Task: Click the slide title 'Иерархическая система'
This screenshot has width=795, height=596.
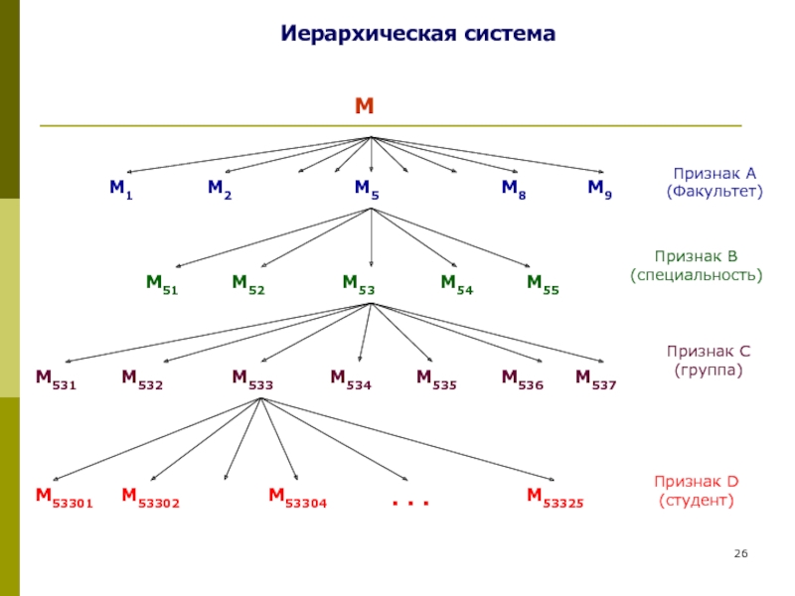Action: [x=416, y=34]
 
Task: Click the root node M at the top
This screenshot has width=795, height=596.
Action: [x=364, y=106]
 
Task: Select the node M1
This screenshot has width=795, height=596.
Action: [x=121, y=189]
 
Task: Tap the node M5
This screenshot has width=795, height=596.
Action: [x=367, y=189]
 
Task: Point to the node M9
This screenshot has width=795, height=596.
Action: [x=599, y=189]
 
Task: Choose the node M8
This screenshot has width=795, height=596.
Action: [x=513, y=189]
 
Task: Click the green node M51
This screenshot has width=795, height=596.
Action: [x=162, y=284]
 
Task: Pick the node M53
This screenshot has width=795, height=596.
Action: [x=358, y=284]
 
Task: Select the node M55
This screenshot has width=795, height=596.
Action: [x=543, y=284]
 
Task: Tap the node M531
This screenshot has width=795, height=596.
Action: [x=56, y=377]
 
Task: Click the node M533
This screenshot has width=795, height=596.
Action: [x=252, y=377]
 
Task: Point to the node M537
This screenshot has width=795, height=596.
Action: [x=595, y=377]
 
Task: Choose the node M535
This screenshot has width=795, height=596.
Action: [x=436, y=377]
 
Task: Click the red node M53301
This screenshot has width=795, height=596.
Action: [x=64, y=497]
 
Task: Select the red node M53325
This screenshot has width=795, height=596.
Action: [x=555, y=497]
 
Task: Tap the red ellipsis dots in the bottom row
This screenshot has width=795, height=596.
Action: [x=409, y=504]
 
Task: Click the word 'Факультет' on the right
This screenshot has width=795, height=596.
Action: [x=715, y=189]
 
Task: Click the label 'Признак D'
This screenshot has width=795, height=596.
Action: [x=696, y=482]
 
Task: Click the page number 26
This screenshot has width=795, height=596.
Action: [x=739, y=552]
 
